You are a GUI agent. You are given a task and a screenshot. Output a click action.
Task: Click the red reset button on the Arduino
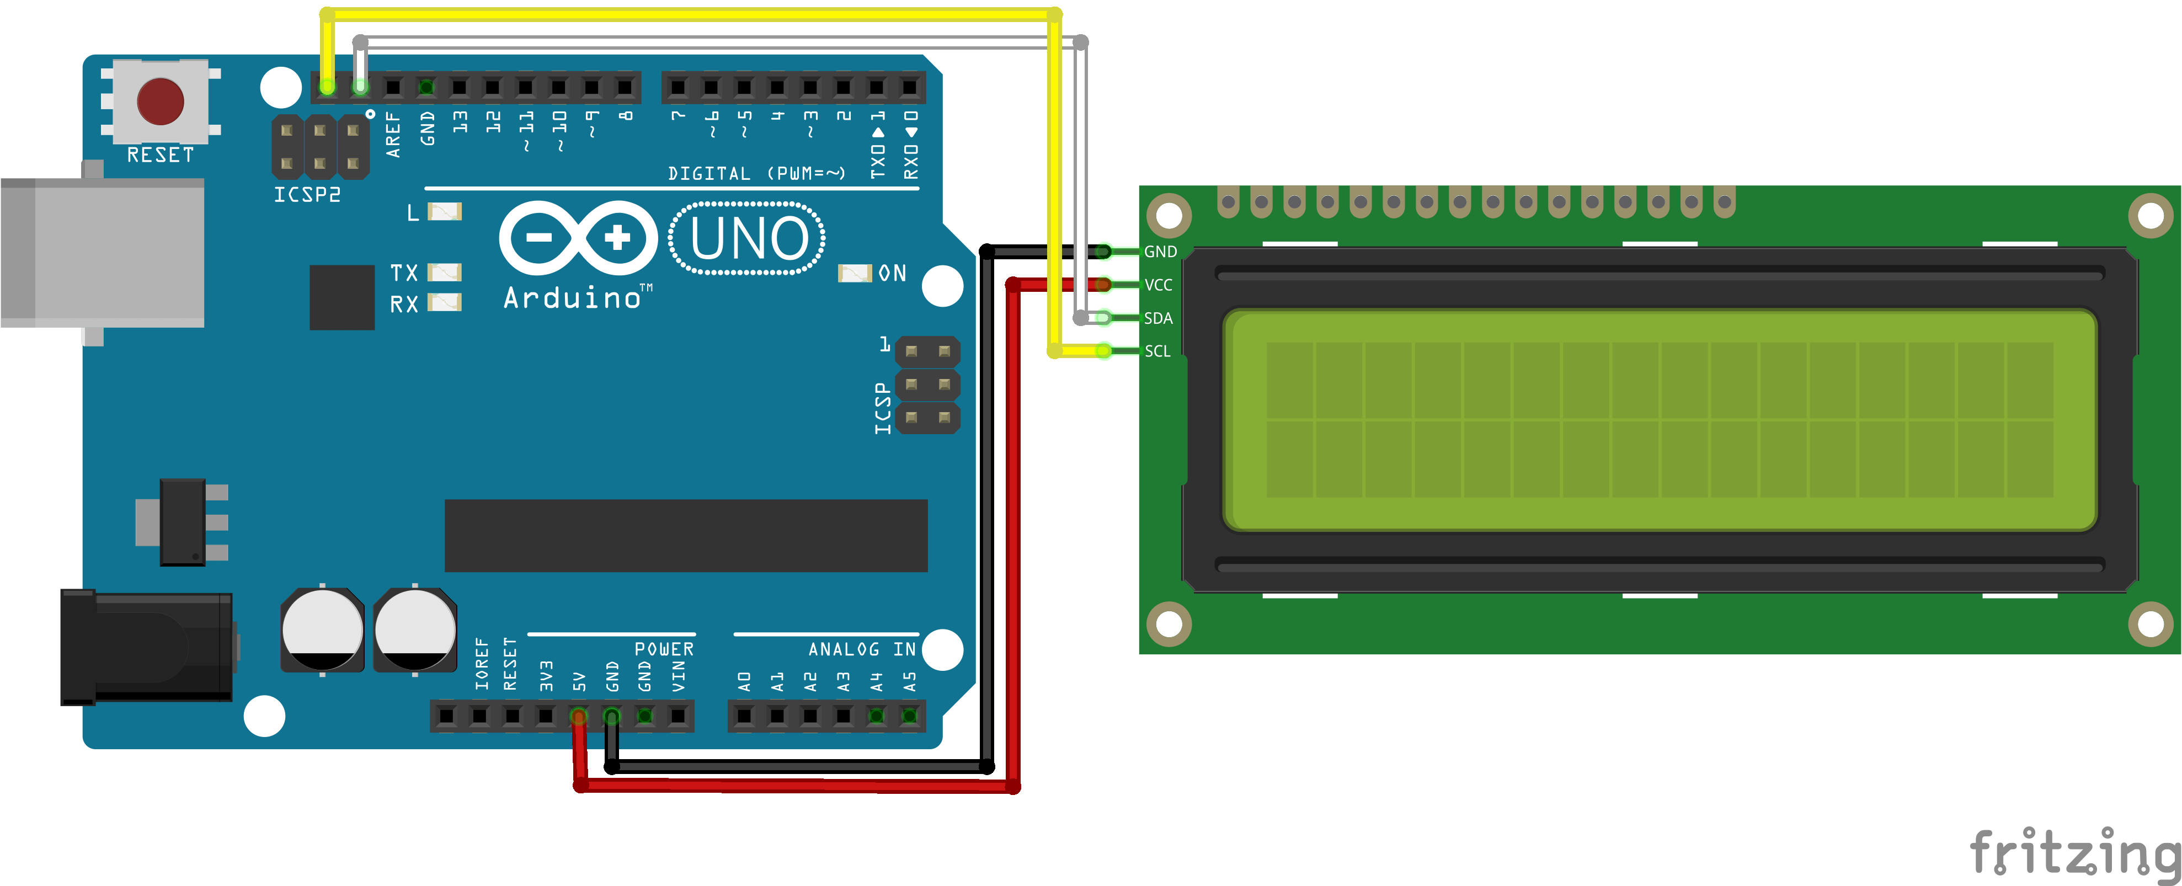click(x=160, y=101)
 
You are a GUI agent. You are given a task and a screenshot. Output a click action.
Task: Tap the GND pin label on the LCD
click(x=1160, y=252)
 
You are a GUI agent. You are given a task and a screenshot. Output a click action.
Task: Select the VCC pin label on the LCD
click(x=1158, y=285)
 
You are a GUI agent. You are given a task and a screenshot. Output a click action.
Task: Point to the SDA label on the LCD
click(x=1158, y=318)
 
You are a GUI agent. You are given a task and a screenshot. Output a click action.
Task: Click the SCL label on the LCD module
click(x=1157, y=351)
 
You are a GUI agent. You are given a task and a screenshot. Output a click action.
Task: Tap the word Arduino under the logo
click(x=573, y=298)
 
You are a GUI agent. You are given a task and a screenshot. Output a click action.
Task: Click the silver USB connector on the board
click(x=102, y=253)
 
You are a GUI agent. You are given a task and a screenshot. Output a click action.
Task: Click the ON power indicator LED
click(x=854, y=273)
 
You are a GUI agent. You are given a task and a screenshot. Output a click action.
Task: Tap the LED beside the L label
click(x=444, y=211)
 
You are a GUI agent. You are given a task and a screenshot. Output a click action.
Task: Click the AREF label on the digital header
click(x=392, y=134)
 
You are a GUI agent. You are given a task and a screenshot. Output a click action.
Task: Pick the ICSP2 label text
click(x=307, y=195)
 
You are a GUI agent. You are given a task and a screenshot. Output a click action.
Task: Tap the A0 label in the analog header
click(x=744, y=681)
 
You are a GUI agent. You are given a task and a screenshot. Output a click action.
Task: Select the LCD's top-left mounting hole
click(x=1169, y=215)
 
